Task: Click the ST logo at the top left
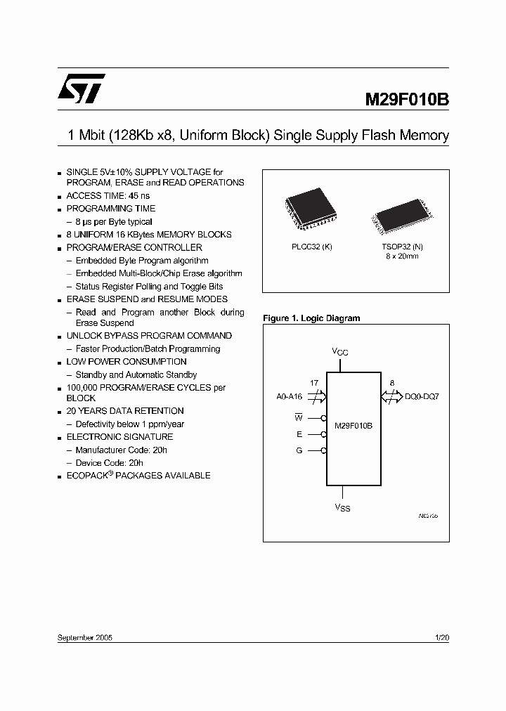(81, 87)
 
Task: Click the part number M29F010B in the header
(406, 99)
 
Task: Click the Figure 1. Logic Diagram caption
(311, 318)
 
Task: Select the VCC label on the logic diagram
(340, 351)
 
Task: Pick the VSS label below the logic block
(342, 507)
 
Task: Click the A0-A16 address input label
(289, 397)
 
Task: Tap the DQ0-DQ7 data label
(422, 397)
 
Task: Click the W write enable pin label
(299, 417)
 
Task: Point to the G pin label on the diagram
(299, 450)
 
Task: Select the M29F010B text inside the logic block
(353, 426)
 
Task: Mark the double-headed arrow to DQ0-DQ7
(391, 397)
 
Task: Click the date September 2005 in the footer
(84, 637)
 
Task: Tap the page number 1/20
(442, 637)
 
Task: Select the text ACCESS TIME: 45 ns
(108, 195)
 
